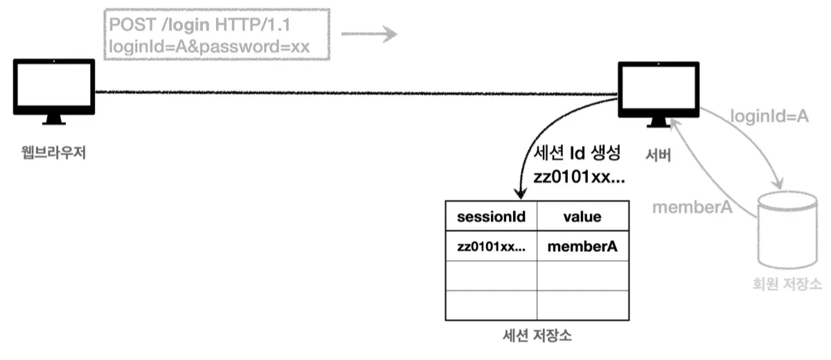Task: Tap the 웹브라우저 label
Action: (x=53, y=152)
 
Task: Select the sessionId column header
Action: (x=491, y=217)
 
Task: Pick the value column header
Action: (x=582, y=217)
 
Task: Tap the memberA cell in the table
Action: (x=582, y=246)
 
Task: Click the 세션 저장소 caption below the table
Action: (x=537, y=337)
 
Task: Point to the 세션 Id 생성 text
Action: (x=579, y=153)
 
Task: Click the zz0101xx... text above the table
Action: (x=579, y=177)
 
